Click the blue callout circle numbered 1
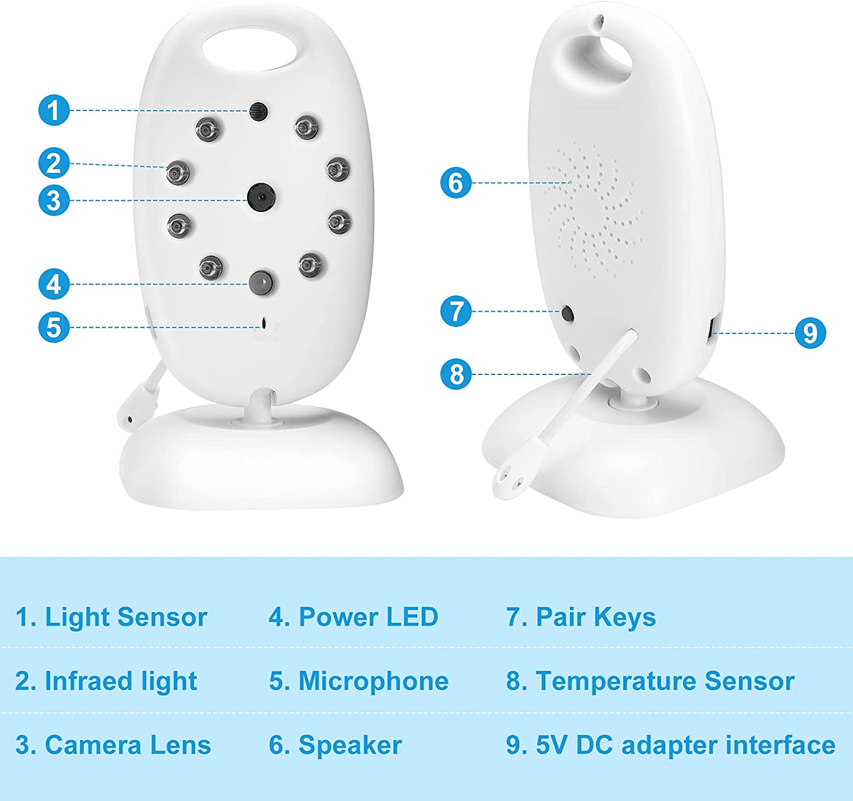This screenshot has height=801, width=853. [53, 110]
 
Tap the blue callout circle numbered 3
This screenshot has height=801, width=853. [53, 200]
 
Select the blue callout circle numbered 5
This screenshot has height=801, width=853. [53, 328]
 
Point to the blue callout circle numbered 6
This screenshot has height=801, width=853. [456, 183]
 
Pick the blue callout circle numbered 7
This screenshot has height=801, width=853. [456, 311]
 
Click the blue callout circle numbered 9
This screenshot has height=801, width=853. [810, 333]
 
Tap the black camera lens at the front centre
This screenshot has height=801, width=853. [261, 197]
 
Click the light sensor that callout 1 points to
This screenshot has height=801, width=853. [259, 112]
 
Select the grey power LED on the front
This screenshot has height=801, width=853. [262, 282]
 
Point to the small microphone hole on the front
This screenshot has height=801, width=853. [264, 323]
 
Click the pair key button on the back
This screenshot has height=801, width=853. [568, 313]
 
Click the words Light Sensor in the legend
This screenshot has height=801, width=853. [126, 617]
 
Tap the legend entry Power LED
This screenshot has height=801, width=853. [368, 617]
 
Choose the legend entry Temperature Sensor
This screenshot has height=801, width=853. [665, 682]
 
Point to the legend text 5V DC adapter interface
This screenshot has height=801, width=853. [685, 746]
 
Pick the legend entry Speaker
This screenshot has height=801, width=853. [350, 746]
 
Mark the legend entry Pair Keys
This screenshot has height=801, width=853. [596, 618]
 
